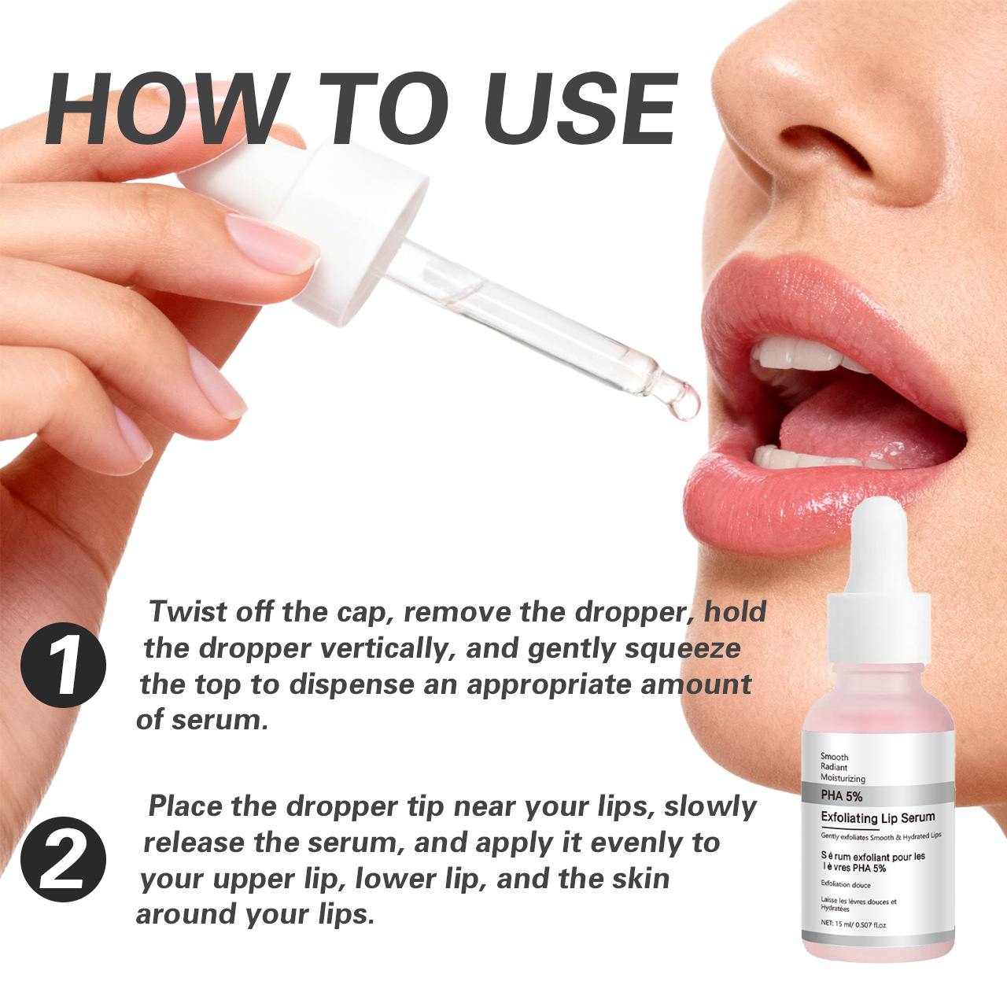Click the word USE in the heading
coord(581,109)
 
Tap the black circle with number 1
coord(63,665)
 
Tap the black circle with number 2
coord(63,859)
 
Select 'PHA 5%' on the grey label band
coord(841,796)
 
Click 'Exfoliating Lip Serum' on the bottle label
coord(878,817)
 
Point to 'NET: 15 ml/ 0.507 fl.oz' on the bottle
coord(854,924)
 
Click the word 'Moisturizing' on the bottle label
coord(843,778)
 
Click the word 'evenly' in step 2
coord(618,843)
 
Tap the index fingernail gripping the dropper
coord(271,242)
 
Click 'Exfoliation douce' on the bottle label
coord(846,884)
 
